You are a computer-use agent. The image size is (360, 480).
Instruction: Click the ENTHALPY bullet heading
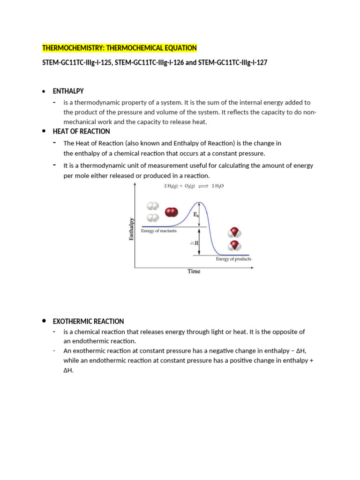[x=68, y=91]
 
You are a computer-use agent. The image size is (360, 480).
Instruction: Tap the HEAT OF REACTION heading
[x=81, y=131]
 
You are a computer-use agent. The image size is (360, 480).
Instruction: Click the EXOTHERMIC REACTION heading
[x=88, y=322]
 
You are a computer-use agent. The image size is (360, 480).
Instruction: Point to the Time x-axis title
[x=194, y=271]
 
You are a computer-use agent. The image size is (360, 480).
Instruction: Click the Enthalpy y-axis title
[x=132, y=229]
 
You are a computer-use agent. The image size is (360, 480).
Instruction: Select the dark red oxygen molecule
[x=172, y=213]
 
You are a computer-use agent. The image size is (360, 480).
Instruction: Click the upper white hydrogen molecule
[x=153, y=206]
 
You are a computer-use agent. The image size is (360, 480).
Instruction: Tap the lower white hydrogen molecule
[x=153, y=218]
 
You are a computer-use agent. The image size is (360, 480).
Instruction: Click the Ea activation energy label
[x=196, y=214]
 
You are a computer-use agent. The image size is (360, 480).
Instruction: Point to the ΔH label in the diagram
[x=194, y=243]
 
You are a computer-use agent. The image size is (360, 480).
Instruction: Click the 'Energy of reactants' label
[x=162, y=231]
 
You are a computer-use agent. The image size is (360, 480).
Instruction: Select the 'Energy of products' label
[x=233, y=259]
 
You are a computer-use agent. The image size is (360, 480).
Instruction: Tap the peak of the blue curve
[x=200, y=202]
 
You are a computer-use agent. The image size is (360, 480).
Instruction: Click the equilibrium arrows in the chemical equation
[x=204, y=186]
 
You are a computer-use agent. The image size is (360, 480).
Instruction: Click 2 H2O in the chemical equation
[x=218, y=186]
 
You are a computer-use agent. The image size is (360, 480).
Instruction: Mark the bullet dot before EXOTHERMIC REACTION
[x=44, y=321]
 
